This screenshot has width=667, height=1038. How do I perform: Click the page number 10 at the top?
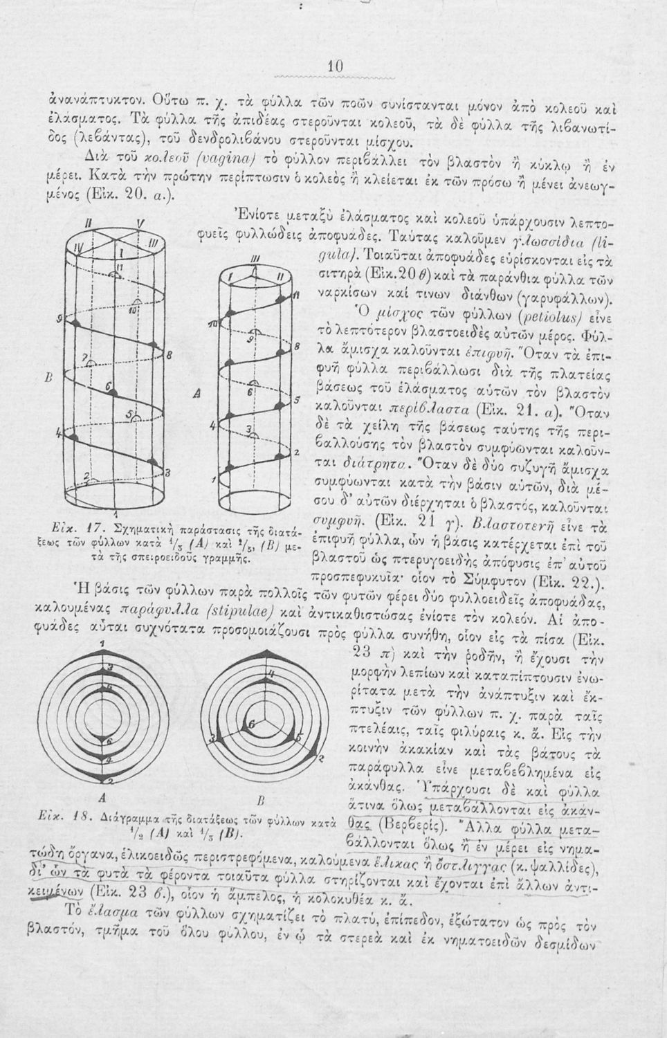(x=336, y=66)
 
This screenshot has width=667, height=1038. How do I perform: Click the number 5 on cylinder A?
(x=295, y=400)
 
